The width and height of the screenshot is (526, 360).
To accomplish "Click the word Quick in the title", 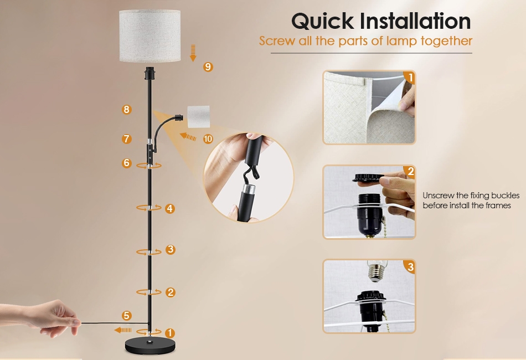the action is pyautogui.click(x=322, y=22).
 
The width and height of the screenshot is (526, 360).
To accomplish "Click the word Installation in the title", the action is pyautogui.click(x=415, y=21).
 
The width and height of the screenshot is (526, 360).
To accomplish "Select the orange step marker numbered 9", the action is pyautogui.click(x=208, y=67).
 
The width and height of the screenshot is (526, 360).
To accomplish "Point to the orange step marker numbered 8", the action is pyautogui.click(x=126, y=109).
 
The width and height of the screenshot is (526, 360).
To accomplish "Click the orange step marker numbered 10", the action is pyautogui.click(x=208, y=138).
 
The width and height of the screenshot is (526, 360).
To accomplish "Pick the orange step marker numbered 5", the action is pyautogui.click(x=126, y=315).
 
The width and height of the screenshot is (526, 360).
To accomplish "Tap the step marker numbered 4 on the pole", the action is pyautogui.click(x=170, y=208).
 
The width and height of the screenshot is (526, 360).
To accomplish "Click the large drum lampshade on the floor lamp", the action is pyautogui.click(x=150, y=36).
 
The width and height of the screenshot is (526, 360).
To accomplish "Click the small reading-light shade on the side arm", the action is pyautogui.click(x=199, y=117).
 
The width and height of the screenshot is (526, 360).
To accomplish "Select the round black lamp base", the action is pyautogui.click(x=150, y=346).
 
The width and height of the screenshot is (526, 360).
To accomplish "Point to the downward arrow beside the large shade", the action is pyautogui.click(x=193, y=53).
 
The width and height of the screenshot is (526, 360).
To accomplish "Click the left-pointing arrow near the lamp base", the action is pyautogui.click(x=123, y=330).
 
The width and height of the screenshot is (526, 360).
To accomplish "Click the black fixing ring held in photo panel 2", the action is pyautogui.click(x=369, y=177).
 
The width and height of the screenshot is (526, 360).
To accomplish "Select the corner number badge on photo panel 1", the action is pyautogui.click(x=410, y=78).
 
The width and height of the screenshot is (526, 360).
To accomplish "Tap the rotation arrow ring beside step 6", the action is pyautogui.click(x=149, y=166).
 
